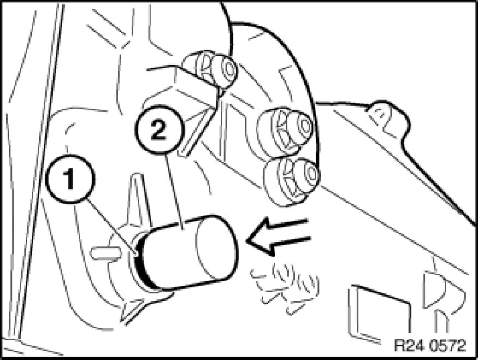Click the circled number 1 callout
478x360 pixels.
(70, 179)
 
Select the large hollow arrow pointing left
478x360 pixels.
(278, 236)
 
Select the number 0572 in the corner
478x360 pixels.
(447, 346)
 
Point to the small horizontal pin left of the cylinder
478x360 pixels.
(105, 253)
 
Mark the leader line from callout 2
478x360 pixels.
(174, 191)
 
